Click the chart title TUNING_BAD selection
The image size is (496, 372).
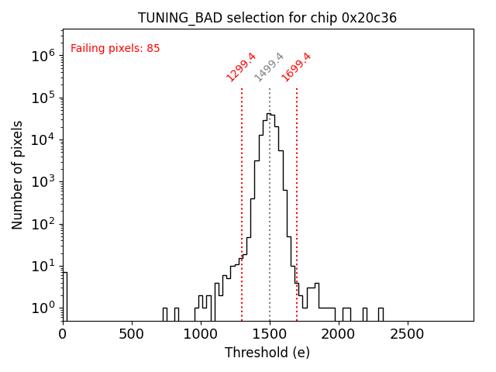click(x=267, y=18)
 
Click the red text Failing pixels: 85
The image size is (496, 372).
click(x=115, y=49)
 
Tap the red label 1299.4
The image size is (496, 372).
click(x=241, y=67)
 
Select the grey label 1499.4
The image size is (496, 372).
click(x=270, y=67)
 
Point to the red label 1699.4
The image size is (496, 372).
click(x=296, y=67)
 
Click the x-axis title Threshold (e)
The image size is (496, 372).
click(x=267, y=353)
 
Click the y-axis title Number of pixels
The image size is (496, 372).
click(x=18, y=174)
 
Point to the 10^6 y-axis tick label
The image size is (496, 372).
click(x=43, y=56)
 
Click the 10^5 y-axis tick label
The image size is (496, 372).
click(x=43, y=98)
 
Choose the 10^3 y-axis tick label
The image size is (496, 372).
click(x=43, y=182)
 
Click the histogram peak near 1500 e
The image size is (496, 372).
click(x=269, y=114)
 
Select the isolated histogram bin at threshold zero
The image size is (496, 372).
click(x=65, y=294)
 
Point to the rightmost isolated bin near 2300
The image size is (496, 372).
click(x=381, y=313)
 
